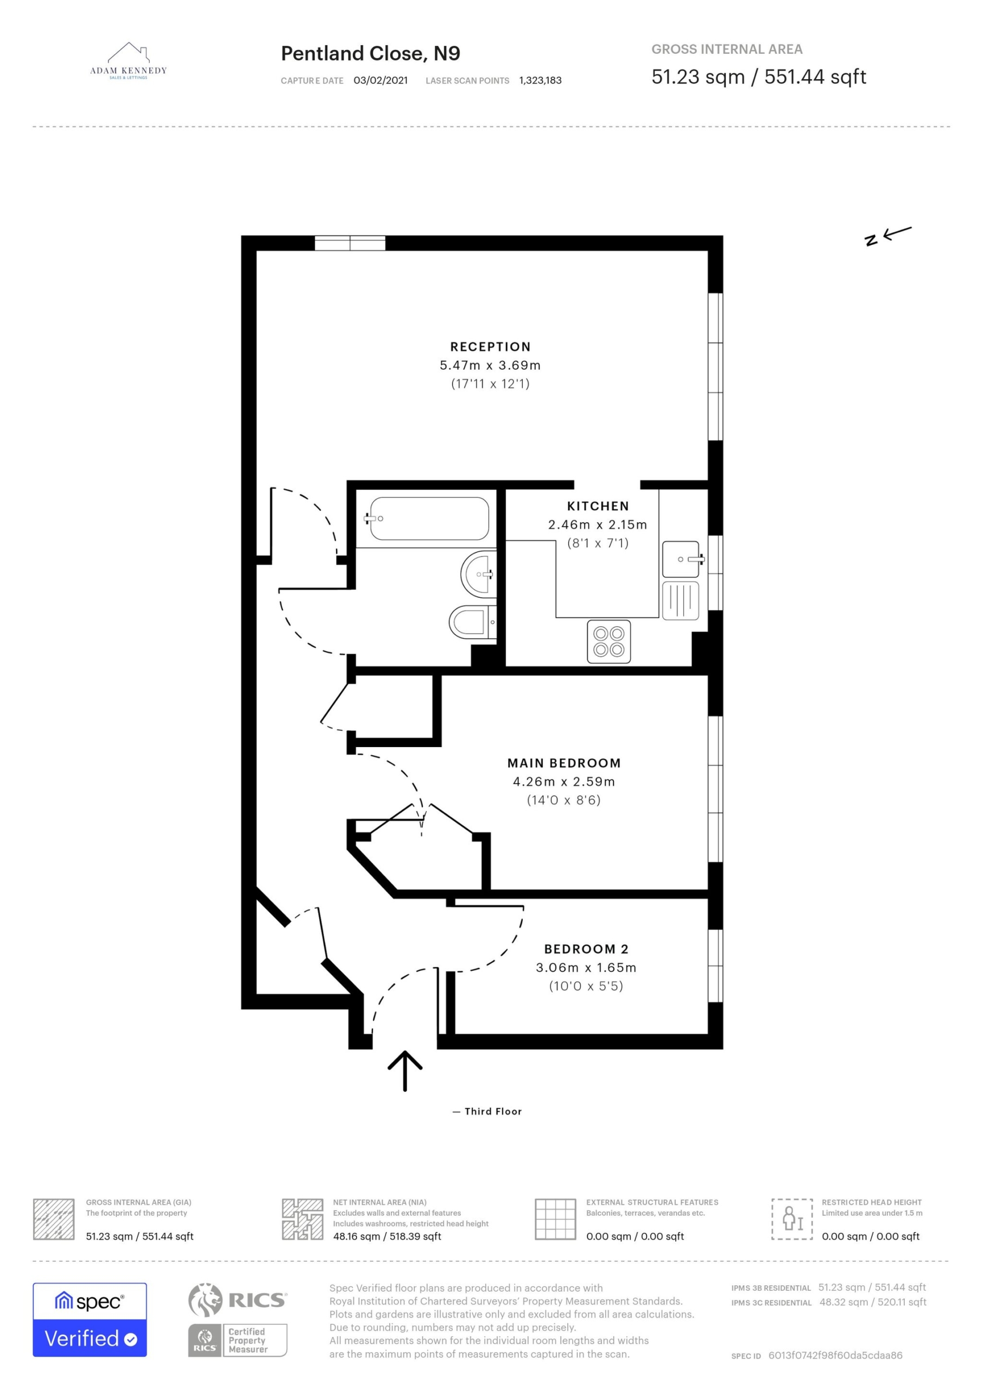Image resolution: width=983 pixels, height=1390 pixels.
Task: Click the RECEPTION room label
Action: (x=490, y=347)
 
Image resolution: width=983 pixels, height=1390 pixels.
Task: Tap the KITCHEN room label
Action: (x=598, y=506)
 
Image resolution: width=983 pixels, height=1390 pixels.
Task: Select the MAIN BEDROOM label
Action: (x=564, y=763)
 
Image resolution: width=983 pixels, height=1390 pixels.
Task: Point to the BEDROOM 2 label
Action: (x=586, y=949)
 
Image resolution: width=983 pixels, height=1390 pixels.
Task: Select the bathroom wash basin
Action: (x=479, y=574)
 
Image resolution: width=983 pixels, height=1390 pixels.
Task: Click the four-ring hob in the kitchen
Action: (x=608, y=642)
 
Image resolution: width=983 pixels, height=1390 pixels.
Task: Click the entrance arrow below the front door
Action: (x=405, y=1070)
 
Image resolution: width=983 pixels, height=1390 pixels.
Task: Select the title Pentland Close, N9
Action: (x=370, y=54)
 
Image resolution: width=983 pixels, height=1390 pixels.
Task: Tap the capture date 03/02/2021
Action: (x=380, y=80)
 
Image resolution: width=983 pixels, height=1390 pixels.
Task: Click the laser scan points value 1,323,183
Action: (x=541, y=80)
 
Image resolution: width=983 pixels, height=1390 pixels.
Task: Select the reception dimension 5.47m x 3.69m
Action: (x=490, y=365)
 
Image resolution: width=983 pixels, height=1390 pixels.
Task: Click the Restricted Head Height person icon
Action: (x=792, y=1218)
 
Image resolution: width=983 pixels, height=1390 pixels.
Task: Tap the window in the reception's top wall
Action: (x=350, y=243)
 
